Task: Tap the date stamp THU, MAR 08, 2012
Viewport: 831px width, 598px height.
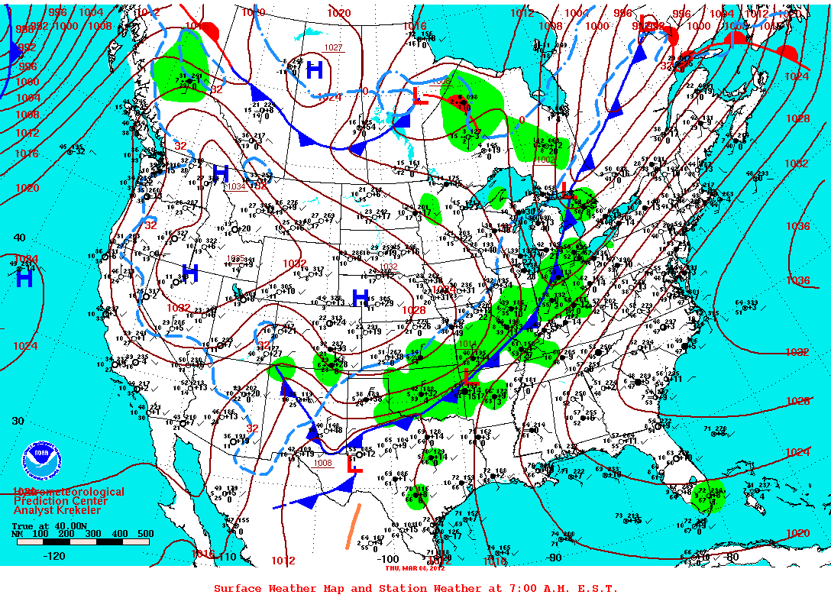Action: click(414, 567)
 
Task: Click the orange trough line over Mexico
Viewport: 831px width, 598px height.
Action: click(352, 529)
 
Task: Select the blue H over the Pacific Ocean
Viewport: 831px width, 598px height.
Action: click(24, 280)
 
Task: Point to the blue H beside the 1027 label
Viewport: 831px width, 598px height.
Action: click(314, 71)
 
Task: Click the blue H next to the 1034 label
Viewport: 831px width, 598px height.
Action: click(221, 173)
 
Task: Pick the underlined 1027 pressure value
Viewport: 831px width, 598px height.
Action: click(334, 47)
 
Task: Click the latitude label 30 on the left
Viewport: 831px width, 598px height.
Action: click(18, 421)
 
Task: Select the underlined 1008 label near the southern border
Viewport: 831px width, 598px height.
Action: click(323, 463)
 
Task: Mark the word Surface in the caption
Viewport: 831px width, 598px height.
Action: click(238, 588)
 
